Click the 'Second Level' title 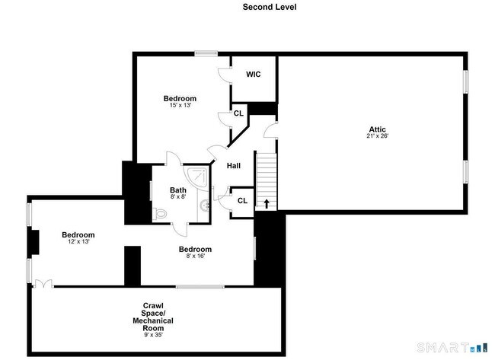coord(270,7)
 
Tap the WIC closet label coord(254,75)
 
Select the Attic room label coord(378,129)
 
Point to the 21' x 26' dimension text coord(378,136)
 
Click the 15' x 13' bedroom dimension coord(180,105)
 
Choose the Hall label coord(234,166)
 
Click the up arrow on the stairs coord(267,204)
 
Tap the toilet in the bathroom coord(160,214)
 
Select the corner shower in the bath coord(196,177)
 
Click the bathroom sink coord(204,205)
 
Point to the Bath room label coord(178,190)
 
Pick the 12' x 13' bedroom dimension coord(78,242)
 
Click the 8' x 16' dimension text coord(196,256)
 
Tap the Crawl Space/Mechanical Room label coord(153,317)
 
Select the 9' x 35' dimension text coord(153,335)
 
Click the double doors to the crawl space coord(43,284)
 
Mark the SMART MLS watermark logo coord(451,348)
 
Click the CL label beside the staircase coord(242,201)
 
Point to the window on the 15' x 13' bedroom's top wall coord(206,53)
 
